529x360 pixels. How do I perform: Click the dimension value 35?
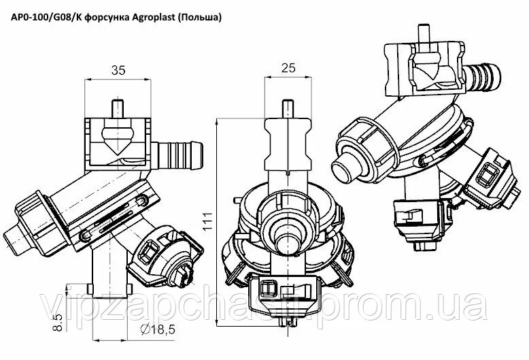coord(118,70)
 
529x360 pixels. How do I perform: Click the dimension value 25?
coord(288,68)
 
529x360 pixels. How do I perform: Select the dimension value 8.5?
coord(58,322)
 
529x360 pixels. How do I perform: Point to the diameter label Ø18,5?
coord(158,329)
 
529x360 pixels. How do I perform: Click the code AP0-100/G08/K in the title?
coord(46,17)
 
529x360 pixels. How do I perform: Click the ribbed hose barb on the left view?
coord(177,155)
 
